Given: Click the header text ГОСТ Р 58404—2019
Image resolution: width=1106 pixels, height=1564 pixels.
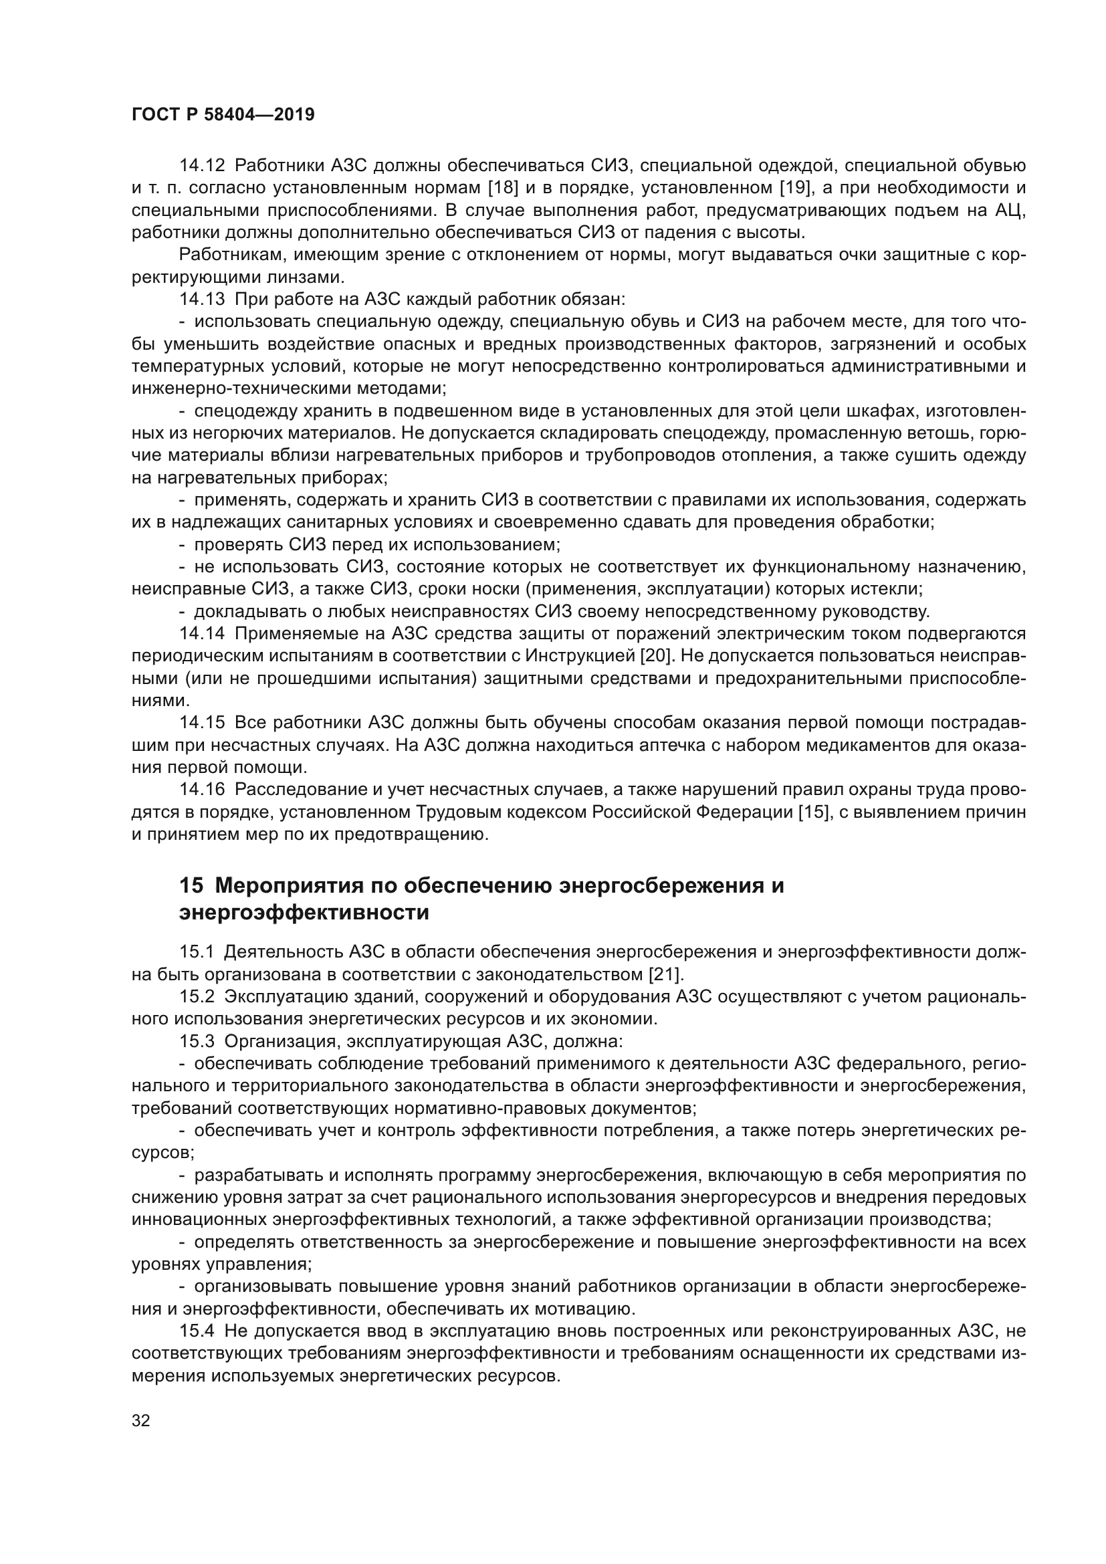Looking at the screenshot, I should point(223,115).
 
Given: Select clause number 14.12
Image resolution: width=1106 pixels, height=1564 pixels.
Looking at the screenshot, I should point(201,166).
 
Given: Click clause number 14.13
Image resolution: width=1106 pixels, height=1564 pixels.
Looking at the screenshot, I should point(201,299).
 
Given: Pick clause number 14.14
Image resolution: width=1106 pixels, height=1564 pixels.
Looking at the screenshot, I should point(201,633).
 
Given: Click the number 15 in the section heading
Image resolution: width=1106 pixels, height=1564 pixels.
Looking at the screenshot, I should point(191,886).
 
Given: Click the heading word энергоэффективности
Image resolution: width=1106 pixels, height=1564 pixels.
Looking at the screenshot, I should point(304,912).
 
